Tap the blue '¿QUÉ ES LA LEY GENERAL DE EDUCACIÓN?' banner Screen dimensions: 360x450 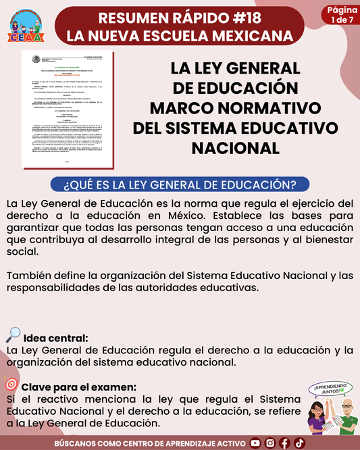point(180,184)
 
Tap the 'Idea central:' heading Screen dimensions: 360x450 point(55,338)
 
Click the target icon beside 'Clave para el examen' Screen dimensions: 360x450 point(11,385)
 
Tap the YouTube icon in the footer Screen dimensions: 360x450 point(255,443)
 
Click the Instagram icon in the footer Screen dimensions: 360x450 point(270,443)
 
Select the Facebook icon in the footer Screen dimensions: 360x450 point(285,443)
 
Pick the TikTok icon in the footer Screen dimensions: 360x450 point(299,443)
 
